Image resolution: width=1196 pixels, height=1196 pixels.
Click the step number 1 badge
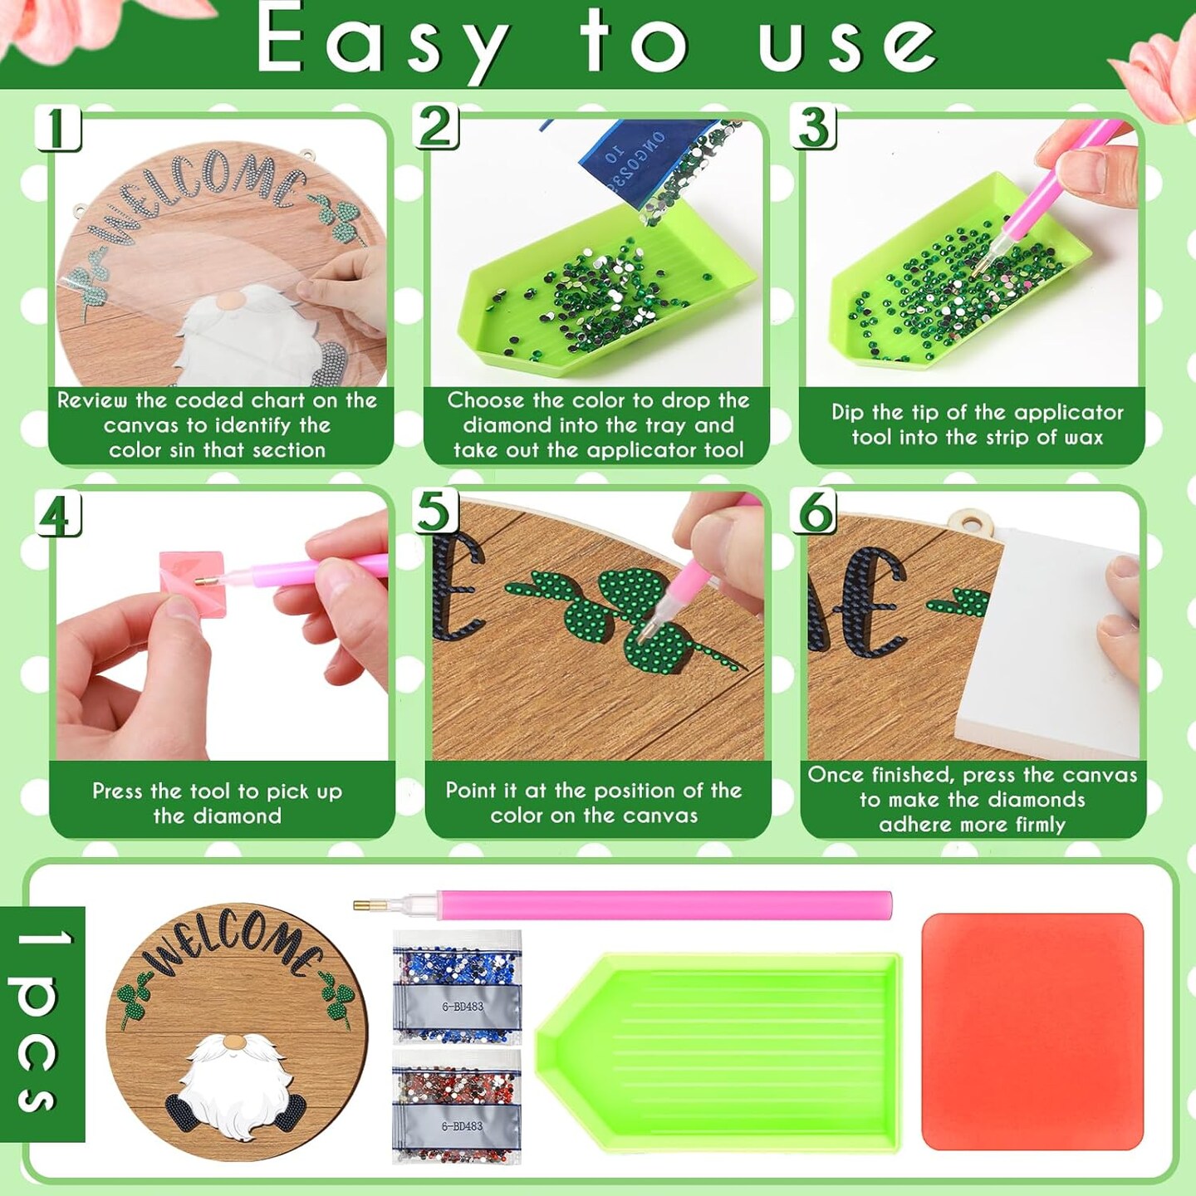(57, 126)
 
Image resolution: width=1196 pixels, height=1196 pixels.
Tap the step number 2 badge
(436, 126)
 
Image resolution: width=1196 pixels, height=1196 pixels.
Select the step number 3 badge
(814, 126)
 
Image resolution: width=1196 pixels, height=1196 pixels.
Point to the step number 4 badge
(57, 513)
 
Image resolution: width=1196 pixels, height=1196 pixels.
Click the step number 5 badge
(436, 512)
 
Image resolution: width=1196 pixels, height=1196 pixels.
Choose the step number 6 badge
(814, 512)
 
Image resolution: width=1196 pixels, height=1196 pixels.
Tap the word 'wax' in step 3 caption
(1084, 438)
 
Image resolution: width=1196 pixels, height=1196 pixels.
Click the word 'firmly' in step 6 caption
(1040, 825)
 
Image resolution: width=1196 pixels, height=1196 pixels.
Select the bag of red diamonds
(457, 1108)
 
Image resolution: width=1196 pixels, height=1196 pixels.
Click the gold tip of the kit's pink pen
(362, 905)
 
